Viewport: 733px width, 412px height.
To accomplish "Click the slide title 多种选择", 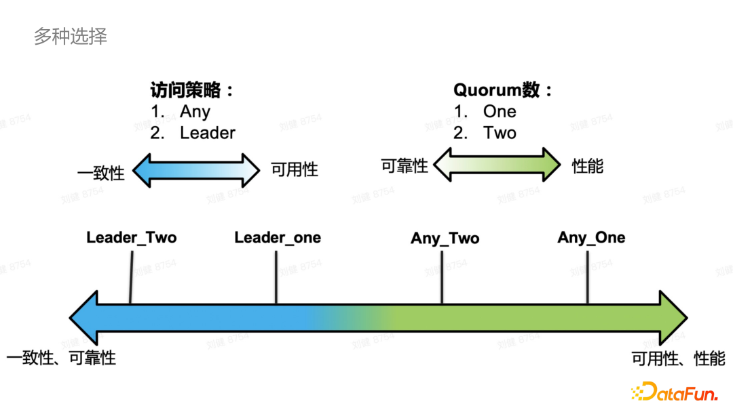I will coord(71,36).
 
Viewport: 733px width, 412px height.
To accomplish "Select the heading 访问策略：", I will coord(192,90).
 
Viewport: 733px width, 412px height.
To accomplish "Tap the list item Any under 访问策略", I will coord(195,112).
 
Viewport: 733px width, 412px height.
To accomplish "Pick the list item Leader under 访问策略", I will coord(207,133).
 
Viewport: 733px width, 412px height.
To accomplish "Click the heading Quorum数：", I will coord(503,90).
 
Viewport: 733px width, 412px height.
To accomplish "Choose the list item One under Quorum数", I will coord(500,112).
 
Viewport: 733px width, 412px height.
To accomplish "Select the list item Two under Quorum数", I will coord(500,133).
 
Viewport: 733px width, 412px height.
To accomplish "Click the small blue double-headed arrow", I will coord(196,169).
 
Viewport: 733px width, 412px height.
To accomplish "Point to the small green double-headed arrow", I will coord(497,165).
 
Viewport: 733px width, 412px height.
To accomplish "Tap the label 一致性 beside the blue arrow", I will coord(101,173).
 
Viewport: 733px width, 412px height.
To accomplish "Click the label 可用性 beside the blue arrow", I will coord(295,169).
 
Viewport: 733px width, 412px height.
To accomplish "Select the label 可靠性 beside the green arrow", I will coord(405,165).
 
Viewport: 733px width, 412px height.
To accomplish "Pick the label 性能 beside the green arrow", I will coord(588,165).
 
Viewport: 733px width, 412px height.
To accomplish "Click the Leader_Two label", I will coord(131,238).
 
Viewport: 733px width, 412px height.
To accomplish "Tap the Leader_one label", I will coord(278,238).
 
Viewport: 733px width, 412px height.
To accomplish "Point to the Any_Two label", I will coord(445,239).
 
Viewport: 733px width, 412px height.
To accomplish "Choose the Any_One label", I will coord(591,238).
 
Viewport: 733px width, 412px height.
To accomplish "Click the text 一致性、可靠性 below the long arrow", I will coord(61,358).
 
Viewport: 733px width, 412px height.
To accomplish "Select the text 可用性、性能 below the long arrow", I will coord(679,358).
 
